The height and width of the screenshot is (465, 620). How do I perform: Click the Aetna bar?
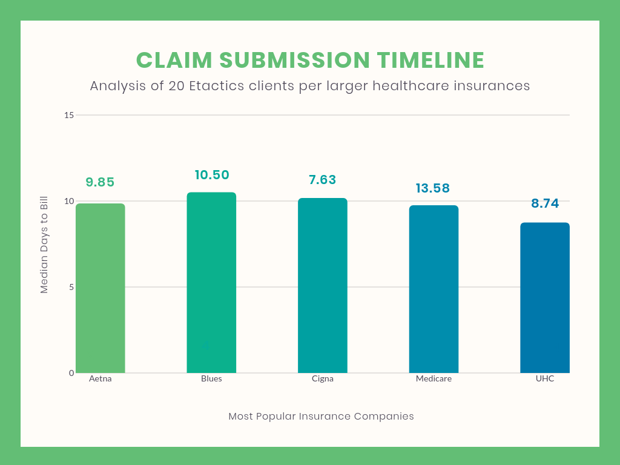coord(100,288)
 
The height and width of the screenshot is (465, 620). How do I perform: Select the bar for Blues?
coord(211,283)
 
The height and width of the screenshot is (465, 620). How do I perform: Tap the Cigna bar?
coord(322,286)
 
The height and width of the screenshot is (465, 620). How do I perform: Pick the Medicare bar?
coord(434,289)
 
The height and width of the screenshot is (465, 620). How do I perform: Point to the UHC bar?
coord(544,298)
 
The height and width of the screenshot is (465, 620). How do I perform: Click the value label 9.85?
coord(100,182)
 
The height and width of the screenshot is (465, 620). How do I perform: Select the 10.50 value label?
coord(212,175)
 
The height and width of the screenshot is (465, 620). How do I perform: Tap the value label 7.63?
coord(322,180)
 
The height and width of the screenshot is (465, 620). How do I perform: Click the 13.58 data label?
coord(433,188)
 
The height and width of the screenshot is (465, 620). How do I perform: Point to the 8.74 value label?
coord(545,203)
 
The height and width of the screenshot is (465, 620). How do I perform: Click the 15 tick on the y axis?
coord(69,115)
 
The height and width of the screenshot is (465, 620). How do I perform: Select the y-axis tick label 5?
coord(71,287)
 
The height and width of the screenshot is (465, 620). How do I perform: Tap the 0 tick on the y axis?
coord(71,373)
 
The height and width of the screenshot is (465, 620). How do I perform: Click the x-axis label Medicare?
coord(434,379)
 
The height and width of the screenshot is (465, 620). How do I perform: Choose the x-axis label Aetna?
coord(100,379)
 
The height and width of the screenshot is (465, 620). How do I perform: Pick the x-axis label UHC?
coord(544,379)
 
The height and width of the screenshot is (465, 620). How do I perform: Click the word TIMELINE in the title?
coord(430,61)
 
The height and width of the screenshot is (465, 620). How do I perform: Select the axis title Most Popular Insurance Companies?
coord(321,417)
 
